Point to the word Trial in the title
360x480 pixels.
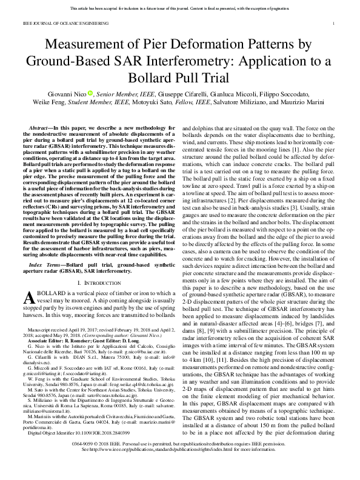pyautogui.click(x=215, y=78)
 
